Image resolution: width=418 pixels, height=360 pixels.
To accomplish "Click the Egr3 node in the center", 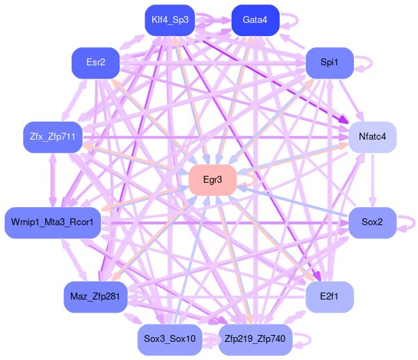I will click(212, 180).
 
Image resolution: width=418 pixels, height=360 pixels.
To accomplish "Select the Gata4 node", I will click(255, 19).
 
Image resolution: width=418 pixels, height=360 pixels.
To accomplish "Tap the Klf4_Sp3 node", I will click(170, 19).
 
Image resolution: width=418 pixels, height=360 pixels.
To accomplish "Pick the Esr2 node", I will click(96, 63).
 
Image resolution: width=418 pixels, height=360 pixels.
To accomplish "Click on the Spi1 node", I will click(329, 63).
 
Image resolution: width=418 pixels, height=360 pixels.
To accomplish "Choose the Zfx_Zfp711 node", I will click(49, 137).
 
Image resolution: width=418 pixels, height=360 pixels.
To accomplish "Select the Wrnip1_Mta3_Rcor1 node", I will click(53, 222).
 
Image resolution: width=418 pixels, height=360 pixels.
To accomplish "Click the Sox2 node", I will click(372, 222).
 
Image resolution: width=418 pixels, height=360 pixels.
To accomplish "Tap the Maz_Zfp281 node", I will click(95, 297).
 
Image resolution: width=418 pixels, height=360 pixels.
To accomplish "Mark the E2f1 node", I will click(329, 297).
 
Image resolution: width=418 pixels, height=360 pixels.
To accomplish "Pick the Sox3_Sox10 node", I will click(170, 339).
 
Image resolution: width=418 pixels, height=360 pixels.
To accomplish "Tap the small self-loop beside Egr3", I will click(250, 180).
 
